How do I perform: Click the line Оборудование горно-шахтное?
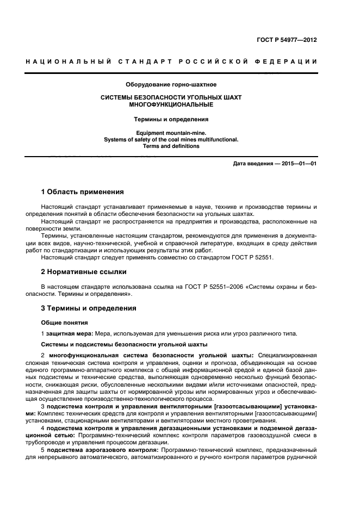pos(171,85)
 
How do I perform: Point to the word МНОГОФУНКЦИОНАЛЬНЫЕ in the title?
pos(171,104)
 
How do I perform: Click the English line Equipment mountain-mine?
pos(171,133)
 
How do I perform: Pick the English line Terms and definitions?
pos(171,146)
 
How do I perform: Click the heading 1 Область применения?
pos(83,192)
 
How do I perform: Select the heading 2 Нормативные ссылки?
pos(84,271)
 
